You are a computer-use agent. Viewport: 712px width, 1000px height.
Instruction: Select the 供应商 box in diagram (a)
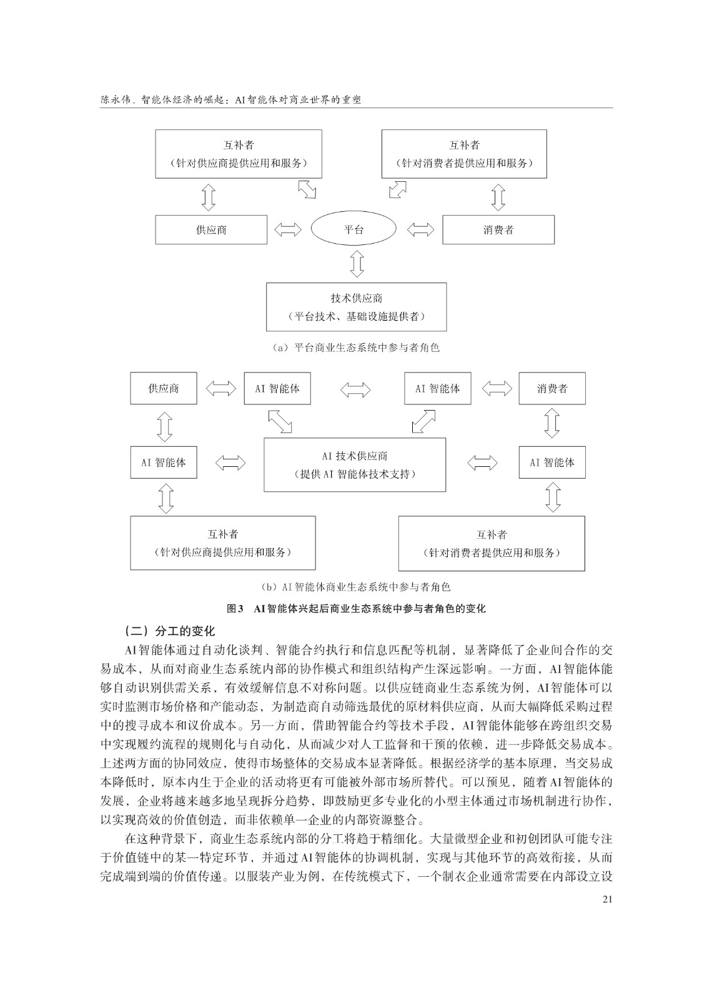point(211,229)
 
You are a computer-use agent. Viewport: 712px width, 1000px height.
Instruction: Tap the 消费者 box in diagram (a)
point(498,229)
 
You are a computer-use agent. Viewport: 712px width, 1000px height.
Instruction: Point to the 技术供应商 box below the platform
point(356,307)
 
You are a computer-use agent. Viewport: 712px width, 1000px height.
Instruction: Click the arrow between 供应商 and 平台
point(288,229)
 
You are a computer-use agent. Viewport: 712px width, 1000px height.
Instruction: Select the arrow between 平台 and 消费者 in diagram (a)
point(420,229)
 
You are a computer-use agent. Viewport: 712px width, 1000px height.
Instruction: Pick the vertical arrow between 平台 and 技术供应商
point(357,264)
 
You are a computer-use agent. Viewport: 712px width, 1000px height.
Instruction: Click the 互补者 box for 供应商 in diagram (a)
point(239,154)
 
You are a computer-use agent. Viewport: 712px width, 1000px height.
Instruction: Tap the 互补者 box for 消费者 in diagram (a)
point(465,154)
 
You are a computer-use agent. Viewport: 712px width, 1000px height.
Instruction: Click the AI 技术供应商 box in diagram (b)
point(355,465)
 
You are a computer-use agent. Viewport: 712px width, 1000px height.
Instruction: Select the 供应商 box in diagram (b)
point(164,388)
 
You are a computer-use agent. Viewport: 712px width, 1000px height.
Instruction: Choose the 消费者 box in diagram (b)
point(552,388)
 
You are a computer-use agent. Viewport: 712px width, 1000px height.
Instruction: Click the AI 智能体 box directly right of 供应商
point(277,388)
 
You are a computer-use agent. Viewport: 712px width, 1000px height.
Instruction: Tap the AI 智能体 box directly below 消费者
point(552,462)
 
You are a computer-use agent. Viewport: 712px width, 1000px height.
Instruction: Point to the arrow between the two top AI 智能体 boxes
point(355,389)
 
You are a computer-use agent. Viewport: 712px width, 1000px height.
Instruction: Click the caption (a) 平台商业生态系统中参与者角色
point(356,347)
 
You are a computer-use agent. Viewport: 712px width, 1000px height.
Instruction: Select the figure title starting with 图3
point(356,609)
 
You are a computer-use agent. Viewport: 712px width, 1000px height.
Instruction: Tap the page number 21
point(607,899)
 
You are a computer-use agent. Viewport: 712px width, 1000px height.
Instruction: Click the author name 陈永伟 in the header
point(115,99)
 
